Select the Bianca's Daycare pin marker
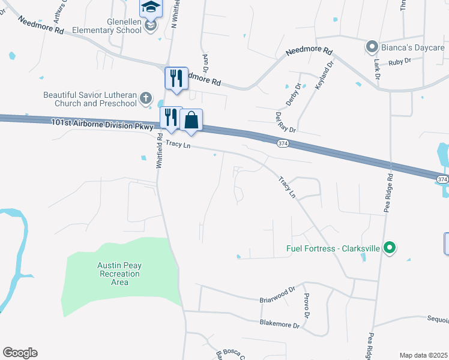click(372, 46)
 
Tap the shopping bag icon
click(191, 120)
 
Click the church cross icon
click(146, 98)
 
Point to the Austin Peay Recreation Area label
click(118, 274)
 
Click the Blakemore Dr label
click(279, 324)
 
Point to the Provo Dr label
click(306, 307)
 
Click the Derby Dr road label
click(293, 95)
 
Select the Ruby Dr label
click(399, 61)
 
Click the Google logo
click(20, 353)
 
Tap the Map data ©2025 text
click(423, 355)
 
